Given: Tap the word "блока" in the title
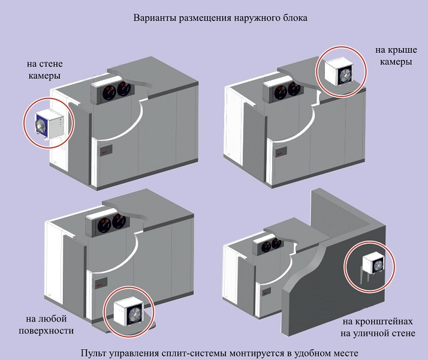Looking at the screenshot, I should (294, 18).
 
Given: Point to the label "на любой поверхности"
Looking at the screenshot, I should (46, 325).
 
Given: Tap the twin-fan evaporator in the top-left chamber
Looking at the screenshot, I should (114, 91).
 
